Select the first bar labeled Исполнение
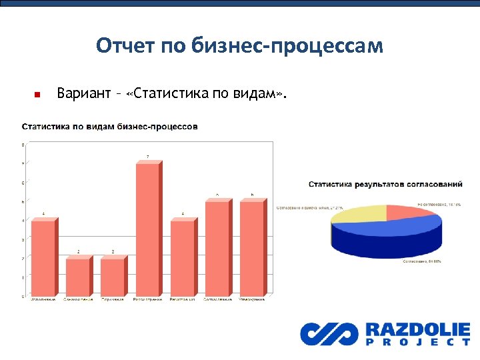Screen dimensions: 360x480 tap(43, 257)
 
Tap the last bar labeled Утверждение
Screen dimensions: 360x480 tap(251, 247)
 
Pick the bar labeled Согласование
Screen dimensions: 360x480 tap(217, 247)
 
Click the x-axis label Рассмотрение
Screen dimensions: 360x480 tap(148, 299)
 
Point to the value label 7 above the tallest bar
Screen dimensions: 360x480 tap(147, 157)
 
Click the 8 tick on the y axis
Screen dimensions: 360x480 tap(24, 145)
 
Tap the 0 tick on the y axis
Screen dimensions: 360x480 tap(24, 296)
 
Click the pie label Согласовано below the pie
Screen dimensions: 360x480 tap(423, 263)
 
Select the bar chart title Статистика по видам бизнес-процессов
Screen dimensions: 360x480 tap(110, 127)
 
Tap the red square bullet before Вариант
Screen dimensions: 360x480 tap(37, 95)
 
